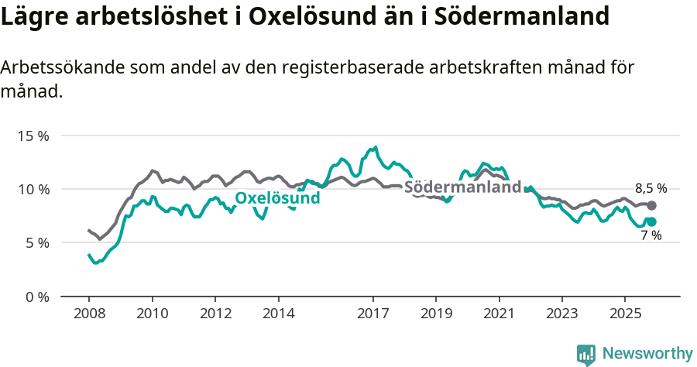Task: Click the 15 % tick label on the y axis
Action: point(33,135)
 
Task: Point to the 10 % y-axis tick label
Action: point(33,189)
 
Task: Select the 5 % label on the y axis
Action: point(36,242)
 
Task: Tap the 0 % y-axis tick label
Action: point(36,297)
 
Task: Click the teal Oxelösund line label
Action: point(277,198)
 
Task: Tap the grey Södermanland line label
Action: point(462,187)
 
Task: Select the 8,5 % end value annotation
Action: point(651,188)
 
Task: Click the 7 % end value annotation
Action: point(651,235)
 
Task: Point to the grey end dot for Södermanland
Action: point(651,205)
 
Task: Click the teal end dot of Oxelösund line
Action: point(651,221)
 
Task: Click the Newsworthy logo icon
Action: point(586,354)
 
